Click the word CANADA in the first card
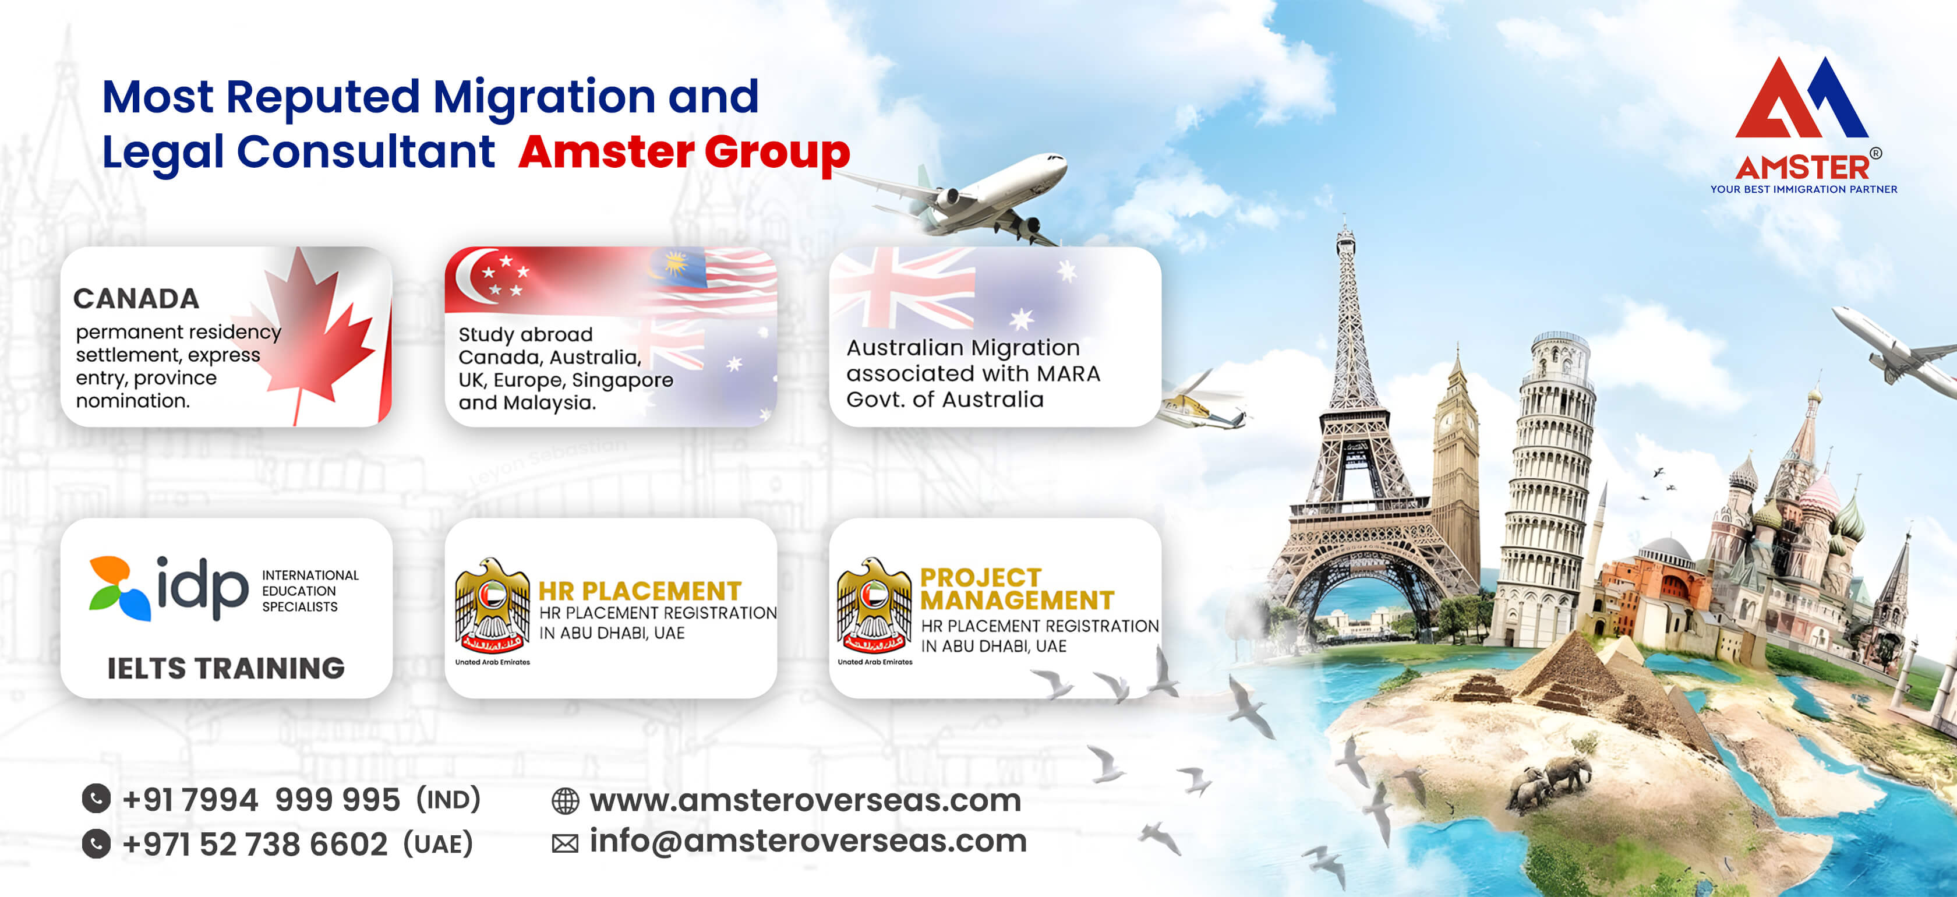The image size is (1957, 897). point(136,298)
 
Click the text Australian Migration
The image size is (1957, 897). point(963,348)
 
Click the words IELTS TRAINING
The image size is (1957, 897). point(225,669)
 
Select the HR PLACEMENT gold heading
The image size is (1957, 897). point(640,591)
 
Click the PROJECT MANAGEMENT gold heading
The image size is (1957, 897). point(1016,589)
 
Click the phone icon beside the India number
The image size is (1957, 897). point(97,799)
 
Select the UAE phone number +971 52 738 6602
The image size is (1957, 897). point(255,845)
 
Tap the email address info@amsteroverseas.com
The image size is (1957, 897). point(808,842)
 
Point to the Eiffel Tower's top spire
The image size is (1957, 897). point(1345,228)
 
